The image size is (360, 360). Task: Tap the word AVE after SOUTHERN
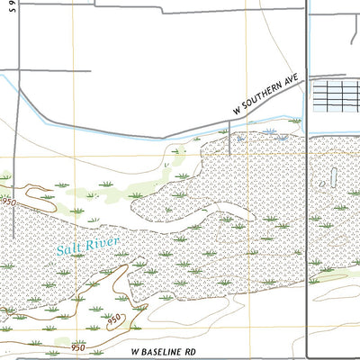pyautogui.click(x=292, y=80)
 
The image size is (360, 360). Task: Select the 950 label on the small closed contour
pyautogui.click(x=113, y=319)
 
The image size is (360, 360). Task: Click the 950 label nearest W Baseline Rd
pyautogui.click(x=80, y=346)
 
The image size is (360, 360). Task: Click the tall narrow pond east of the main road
pyautogui.click(x=334, y=177)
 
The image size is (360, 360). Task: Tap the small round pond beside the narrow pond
pyautogui.click(x=323, y=184)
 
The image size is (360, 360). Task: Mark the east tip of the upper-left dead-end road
pyautogui.click(x=90, y=69)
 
